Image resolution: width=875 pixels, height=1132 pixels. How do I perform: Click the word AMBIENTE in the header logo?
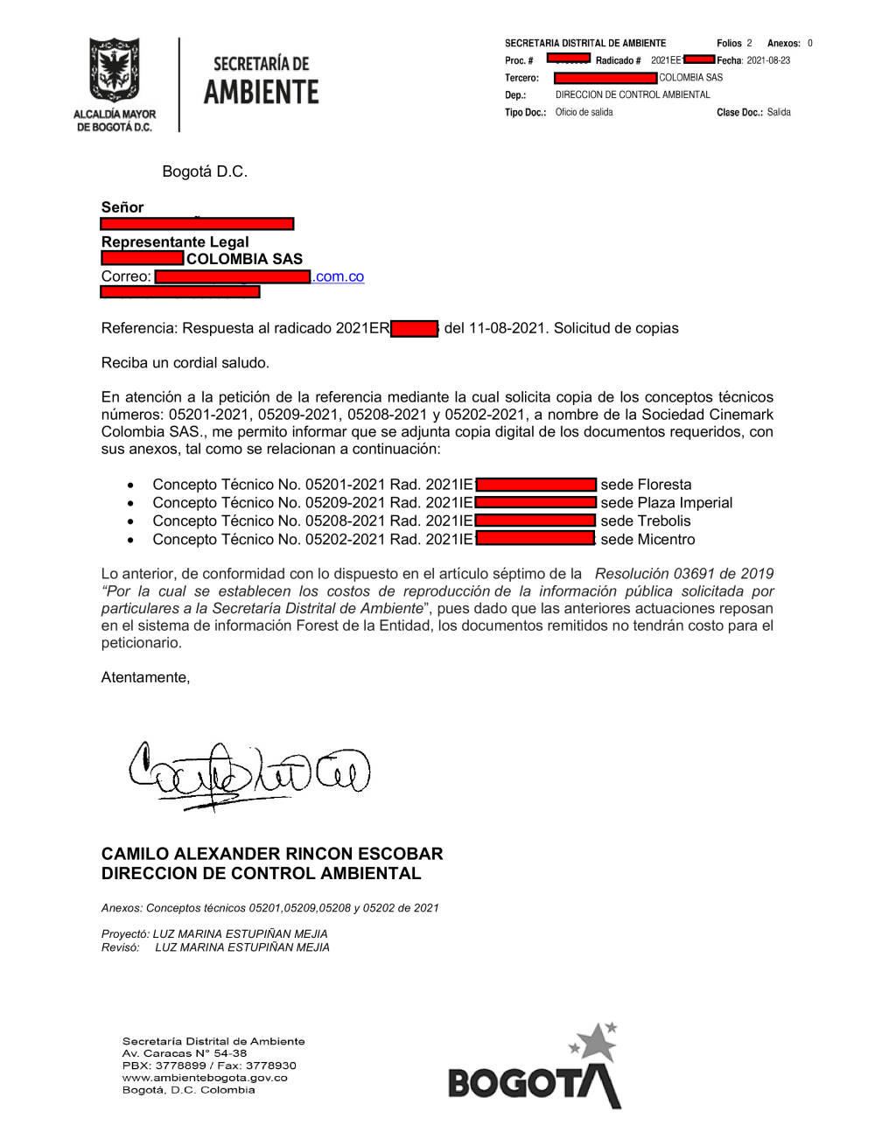(x=261, y=92)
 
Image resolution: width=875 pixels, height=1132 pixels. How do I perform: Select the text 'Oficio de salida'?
(x=584, y=112)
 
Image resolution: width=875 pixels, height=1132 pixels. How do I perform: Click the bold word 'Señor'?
(x=122, y=207)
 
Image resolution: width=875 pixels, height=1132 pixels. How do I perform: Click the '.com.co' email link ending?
(x=338, y=276)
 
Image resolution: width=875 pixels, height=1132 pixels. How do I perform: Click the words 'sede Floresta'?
(x=646, y=485)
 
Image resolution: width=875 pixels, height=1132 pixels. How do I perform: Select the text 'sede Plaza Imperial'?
(x=666, y=503)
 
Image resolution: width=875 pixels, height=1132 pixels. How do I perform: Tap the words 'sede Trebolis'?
(x=645, y=521)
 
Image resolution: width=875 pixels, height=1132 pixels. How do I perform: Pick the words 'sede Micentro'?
(x=647, y=540)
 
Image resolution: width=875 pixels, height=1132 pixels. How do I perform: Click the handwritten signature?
(x=248, y=772)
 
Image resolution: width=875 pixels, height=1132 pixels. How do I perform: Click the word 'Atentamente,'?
(x=145, y=677)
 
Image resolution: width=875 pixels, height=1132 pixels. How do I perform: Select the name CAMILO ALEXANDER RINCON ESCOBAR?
(x=272, y=854)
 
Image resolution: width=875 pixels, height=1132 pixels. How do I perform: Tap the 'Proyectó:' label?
(x=125, y=933)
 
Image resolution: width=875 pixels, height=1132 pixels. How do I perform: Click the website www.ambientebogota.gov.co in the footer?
(x=205, y=1078)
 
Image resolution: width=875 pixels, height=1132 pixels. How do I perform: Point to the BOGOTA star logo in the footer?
(x=535, y=1068)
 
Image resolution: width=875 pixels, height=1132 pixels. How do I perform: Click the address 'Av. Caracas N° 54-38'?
(x=184, y=1053)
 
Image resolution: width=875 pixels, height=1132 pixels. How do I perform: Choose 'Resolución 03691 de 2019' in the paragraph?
(x=683, y=574)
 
